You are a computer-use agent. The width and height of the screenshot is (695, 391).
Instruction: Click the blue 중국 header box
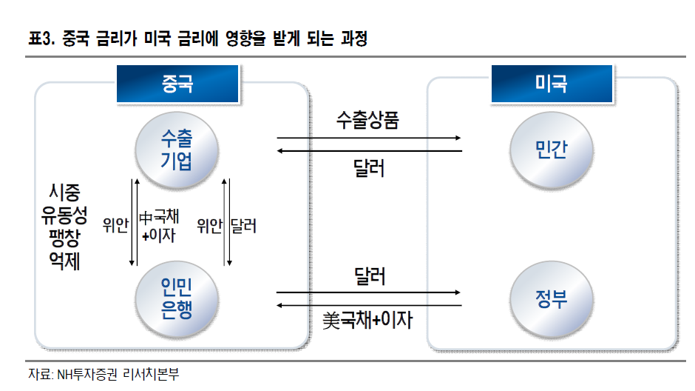[177, 84]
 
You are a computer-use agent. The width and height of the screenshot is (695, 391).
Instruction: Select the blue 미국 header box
[551, 84]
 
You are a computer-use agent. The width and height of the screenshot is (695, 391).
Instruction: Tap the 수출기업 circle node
[176, 149]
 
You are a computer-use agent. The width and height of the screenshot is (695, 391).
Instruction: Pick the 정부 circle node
[551, 298]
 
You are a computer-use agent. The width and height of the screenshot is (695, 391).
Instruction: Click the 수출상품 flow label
[367, 120]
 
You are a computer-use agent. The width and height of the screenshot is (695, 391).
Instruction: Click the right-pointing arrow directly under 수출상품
[369, 138]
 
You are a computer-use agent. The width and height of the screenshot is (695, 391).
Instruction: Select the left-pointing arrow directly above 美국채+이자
[369, 304]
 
